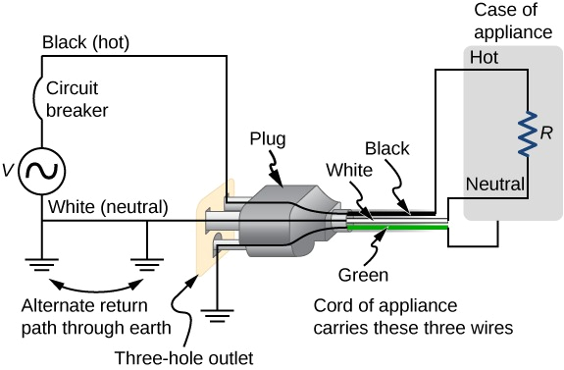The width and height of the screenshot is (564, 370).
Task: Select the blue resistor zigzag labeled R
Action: (x=528, y=132)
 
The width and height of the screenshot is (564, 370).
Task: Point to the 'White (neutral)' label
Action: (x=107, y=207)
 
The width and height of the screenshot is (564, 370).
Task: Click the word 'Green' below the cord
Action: (x=364, y=276)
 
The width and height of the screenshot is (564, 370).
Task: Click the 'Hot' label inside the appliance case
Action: (x=485, y=58)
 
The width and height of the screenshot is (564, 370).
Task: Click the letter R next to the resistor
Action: (x=547, y=131)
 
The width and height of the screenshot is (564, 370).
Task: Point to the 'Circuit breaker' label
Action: (x=78, y=97)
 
